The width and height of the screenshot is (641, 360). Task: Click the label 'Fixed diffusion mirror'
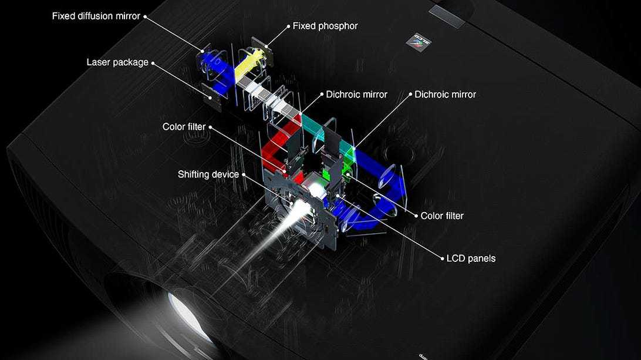click(96, 16)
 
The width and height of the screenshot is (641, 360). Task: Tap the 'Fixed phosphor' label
click(325, 26)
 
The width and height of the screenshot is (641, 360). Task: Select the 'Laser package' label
click(117, 63)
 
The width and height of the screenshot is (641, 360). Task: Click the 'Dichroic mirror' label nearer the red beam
click(356, 95)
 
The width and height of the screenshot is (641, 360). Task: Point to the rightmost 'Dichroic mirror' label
click(445, 95)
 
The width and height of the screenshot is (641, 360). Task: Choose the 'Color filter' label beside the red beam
click(184, 127)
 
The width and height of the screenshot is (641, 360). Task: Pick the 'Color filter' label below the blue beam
click(442, 216)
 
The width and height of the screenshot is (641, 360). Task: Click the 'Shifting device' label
click(208, 174)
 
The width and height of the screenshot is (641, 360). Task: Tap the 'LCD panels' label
click(471, 258)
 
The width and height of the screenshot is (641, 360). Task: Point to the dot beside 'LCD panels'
click(442, 258)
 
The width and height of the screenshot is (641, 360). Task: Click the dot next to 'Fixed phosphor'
click(288, 26)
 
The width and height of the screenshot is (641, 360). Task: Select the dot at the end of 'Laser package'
click(153, 63)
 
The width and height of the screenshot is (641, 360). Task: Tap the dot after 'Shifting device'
click(244, 174)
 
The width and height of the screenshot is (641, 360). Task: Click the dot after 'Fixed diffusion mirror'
click(145, 17)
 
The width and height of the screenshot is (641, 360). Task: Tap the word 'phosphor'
click(338, 26)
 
